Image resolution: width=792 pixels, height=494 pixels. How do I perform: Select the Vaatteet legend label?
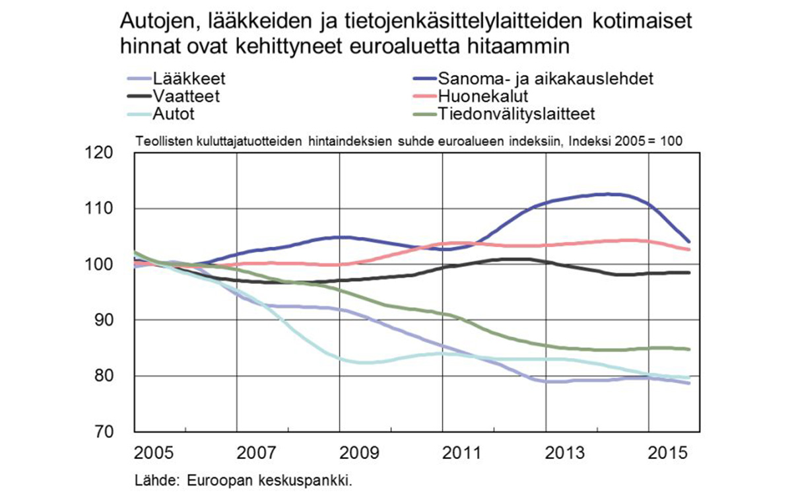(x=186, y=96)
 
